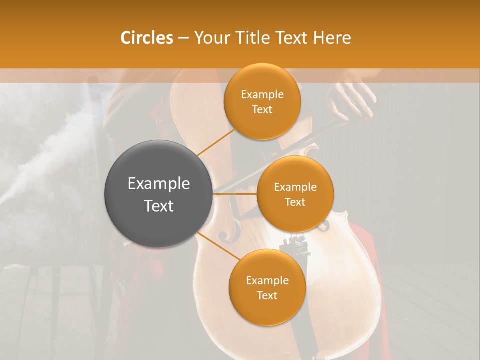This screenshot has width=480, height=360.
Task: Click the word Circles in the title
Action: point(147,38)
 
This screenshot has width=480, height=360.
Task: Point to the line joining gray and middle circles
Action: point(235,194)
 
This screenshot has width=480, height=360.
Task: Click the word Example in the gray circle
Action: point(159,184)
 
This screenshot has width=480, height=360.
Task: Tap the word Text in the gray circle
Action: point(159,206)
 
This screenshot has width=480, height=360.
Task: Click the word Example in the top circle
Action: point(262,95)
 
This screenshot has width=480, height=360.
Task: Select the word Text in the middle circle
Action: point(295,202)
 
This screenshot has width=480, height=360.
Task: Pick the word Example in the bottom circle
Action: point(267,281)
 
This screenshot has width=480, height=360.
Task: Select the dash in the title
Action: point(183,38)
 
